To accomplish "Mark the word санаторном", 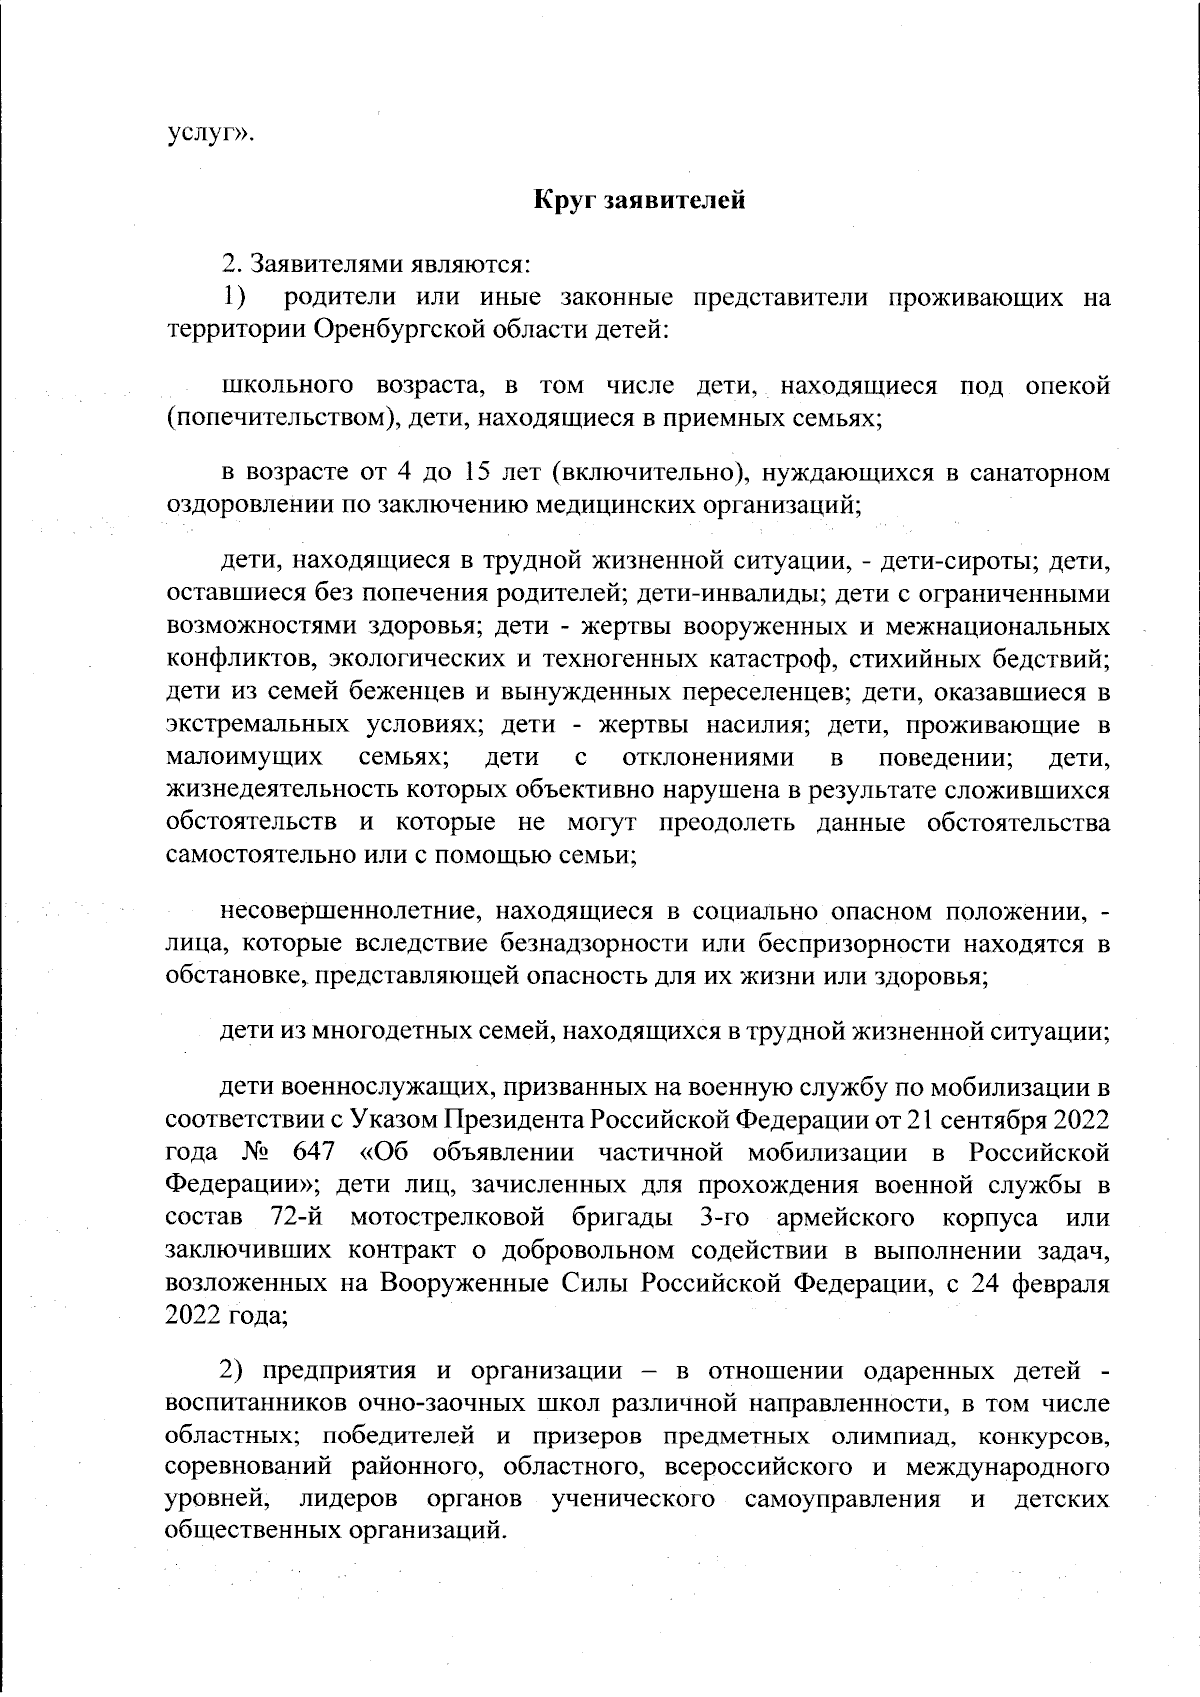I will (1040, 472).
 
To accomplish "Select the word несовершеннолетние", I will (341, 911).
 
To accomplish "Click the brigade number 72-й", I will (297, 1218).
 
